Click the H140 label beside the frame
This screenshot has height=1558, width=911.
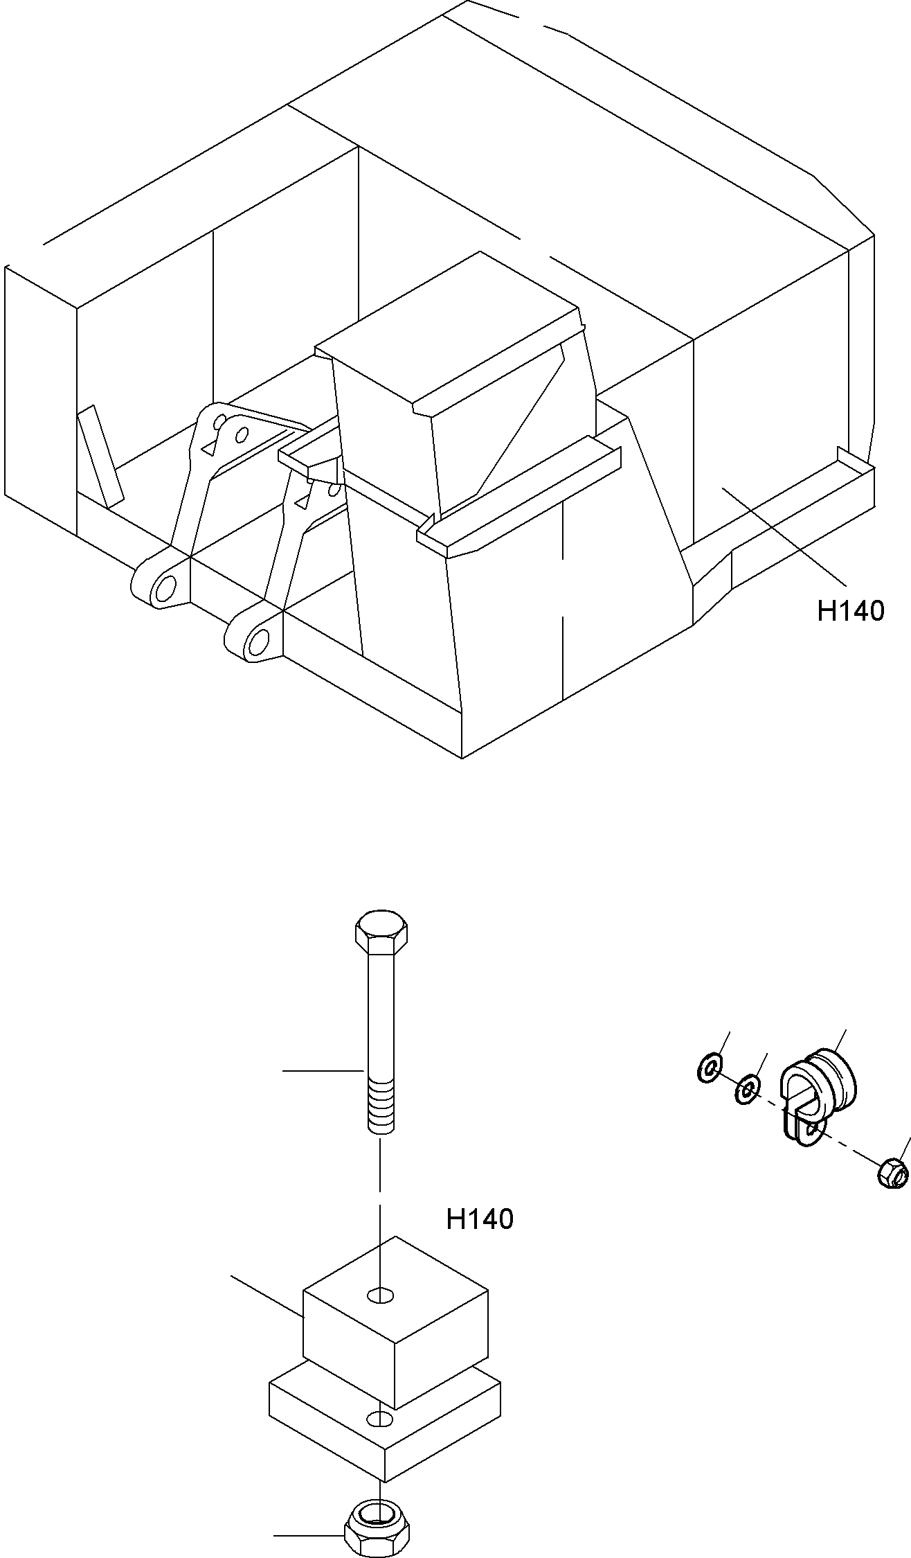pos(851,611)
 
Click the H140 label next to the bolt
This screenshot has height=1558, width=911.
pos(480,1219)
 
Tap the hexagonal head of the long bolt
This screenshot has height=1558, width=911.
pos(381,932)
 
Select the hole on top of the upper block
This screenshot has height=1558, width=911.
pos(381,1294)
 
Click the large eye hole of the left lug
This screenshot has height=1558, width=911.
pos(166,587)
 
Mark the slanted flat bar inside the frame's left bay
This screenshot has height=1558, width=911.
pos(100,456)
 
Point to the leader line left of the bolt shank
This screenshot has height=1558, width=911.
pos(323,1071)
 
